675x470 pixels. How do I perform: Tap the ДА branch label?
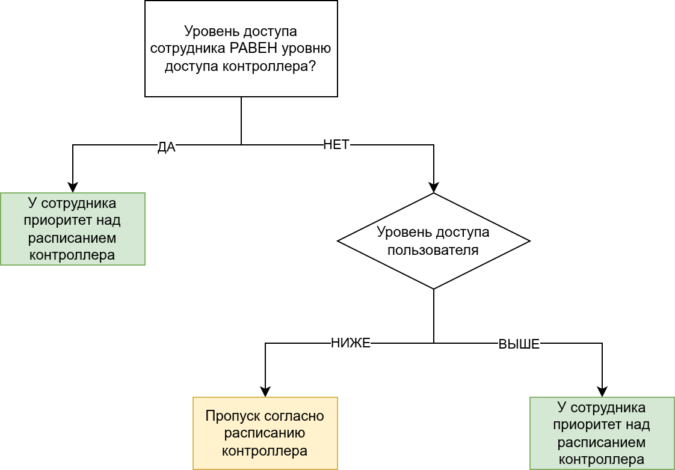[x=166, y=147]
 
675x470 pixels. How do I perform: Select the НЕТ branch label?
[x=336, y=145]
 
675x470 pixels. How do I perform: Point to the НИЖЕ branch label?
[x=351, y=343]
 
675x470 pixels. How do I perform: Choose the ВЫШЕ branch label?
[x=519, y=344]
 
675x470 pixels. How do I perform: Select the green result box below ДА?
[x=72, y=229]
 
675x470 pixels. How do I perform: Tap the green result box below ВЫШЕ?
[x=602, y=433]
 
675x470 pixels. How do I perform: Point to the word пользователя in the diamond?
[x=433, y=250]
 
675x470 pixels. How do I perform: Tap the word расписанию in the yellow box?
[x=265, y=433]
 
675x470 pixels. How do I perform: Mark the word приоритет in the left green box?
[x=55, y=221]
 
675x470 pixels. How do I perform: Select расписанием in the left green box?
[x=72, y=238]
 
